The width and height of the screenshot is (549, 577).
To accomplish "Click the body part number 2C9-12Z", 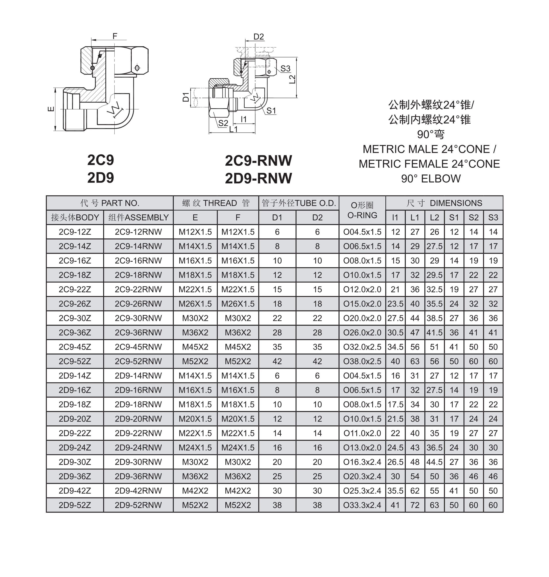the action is [x=75, y=232].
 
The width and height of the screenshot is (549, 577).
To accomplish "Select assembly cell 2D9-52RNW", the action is [x=138, y=505].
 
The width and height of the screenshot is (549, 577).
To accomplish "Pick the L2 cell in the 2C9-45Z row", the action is [x=434, y=347].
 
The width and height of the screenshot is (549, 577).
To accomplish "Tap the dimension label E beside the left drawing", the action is [x=51, y=109].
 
